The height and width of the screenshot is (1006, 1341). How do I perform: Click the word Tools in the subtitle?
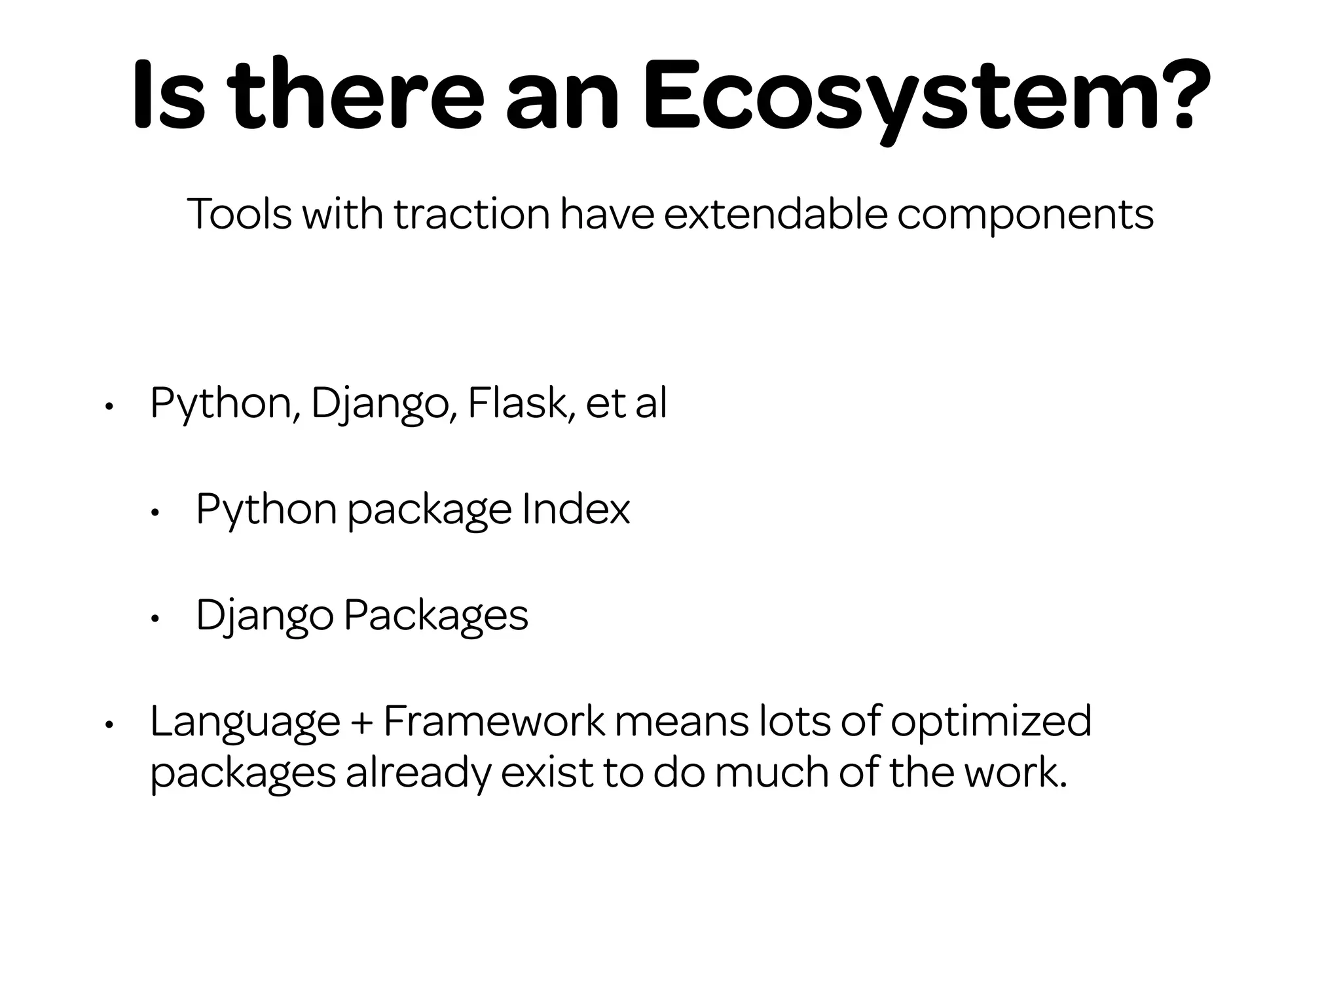point(239,214)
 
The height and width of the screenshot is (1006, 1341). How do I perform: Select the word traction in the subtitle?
point(471,214)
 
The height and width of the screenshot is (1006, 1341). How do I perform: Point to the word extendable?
point(775,214)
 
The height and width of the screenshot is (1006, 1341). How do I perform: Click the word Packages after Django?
point(435,616)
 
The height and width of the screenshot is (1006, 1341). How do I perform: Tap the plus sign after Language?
point(361,722)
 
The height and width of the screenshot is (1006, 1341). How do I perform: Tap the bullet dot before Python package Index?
point(155,512)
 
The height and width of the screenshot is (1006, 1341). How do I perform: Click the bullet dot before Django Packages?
point(155,618)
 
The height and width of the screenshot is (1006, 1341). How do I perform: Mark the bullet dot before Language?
point(109,724)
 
